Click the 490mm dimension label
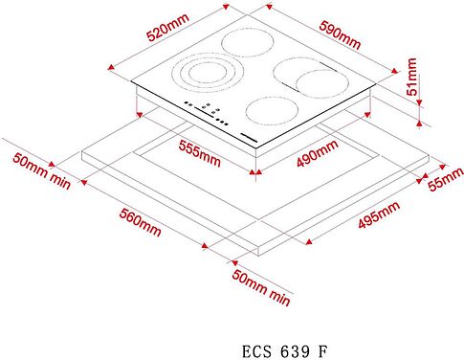point(317,154)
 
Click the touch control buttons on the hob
point(207,111)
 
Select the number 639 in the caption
point(290,349)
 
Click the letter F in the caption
point(322,349)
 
